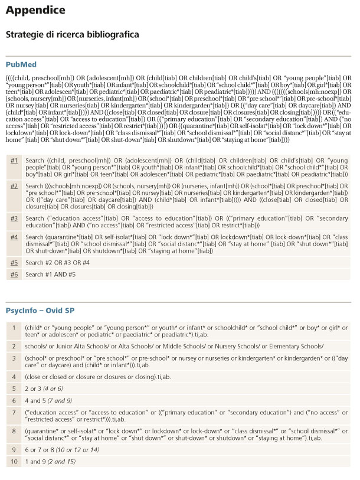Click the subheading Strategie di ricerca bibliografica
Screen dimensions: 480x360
[x=72, y=35]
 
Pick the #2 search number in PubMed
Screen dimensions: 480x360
[x=14, y=185]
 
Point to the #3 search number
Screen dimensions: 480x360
[x=14, y=218]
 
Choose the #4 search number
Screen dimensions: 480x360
[x=14, y=237]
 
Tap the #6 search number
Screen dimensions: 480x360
[x=14, y=275]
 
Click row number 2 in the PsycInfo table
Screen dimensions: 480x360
[x=14, y=346]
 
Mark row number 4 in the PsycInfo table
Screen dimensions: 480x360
[x=14, y=375]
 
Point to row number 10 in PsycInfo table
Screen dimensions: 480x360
[x=14, y=461]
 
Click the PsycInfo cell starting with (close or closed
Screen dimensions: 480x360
[x=81, y=375]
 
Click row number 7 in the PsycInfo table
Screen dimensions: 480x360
[x=14, y=412]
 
